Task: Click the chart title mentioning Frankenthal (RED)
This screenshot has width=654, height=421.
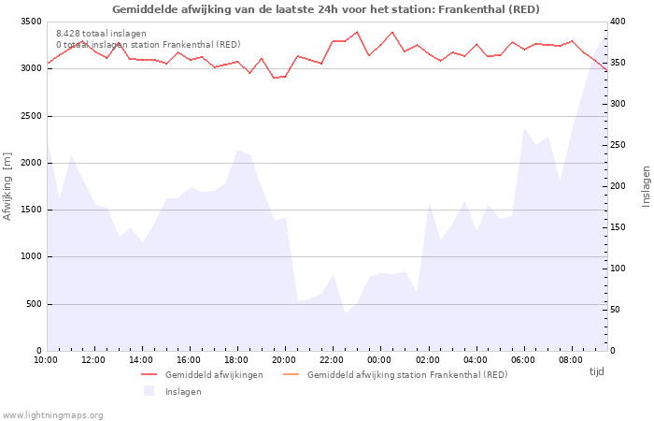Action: point(326,9)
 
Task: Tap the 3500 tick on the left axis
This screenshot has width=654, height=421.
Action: point(30,22)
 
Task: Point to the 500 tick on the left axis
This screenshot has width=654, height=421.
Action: point(34,304)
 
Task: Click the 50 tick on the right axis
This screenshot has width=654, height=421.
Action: point(619,310)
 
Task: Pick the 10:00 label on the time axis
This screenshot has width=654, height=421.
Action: point(46,359)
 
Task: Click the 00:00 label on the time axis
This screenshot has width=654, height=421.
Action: point(379,359)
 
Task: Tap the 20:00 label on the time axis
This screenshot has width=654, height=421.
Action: point(284,359)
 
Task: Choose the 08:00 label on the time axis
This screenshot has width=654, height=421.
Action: point(570,359)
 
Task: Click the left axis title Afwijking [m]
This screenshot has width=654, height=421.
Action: point(8,185)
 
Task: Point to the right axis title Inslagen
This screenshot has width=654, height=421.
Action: point(645,185)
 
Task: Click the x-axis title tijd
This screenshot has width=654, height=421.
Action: point(596,371)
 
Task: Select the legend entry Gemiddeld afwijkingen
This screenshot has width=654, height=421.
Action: point(213,374)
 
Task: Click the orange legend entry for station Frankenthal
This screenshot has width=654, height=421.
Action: point(406,374)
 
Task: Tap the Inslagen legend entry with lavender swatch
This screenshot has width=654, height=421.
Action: point(182,391)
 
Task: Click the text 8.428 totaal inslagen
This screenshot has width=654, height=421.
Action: point(101,33)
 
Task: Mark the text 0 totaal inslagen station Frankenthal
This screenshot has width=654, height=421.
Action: point(148,44)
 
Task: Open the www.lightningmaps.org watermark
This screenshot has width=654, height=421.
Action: point(53,414)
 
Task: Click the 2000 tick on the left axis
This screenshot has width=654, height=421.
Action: point(30,163)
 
